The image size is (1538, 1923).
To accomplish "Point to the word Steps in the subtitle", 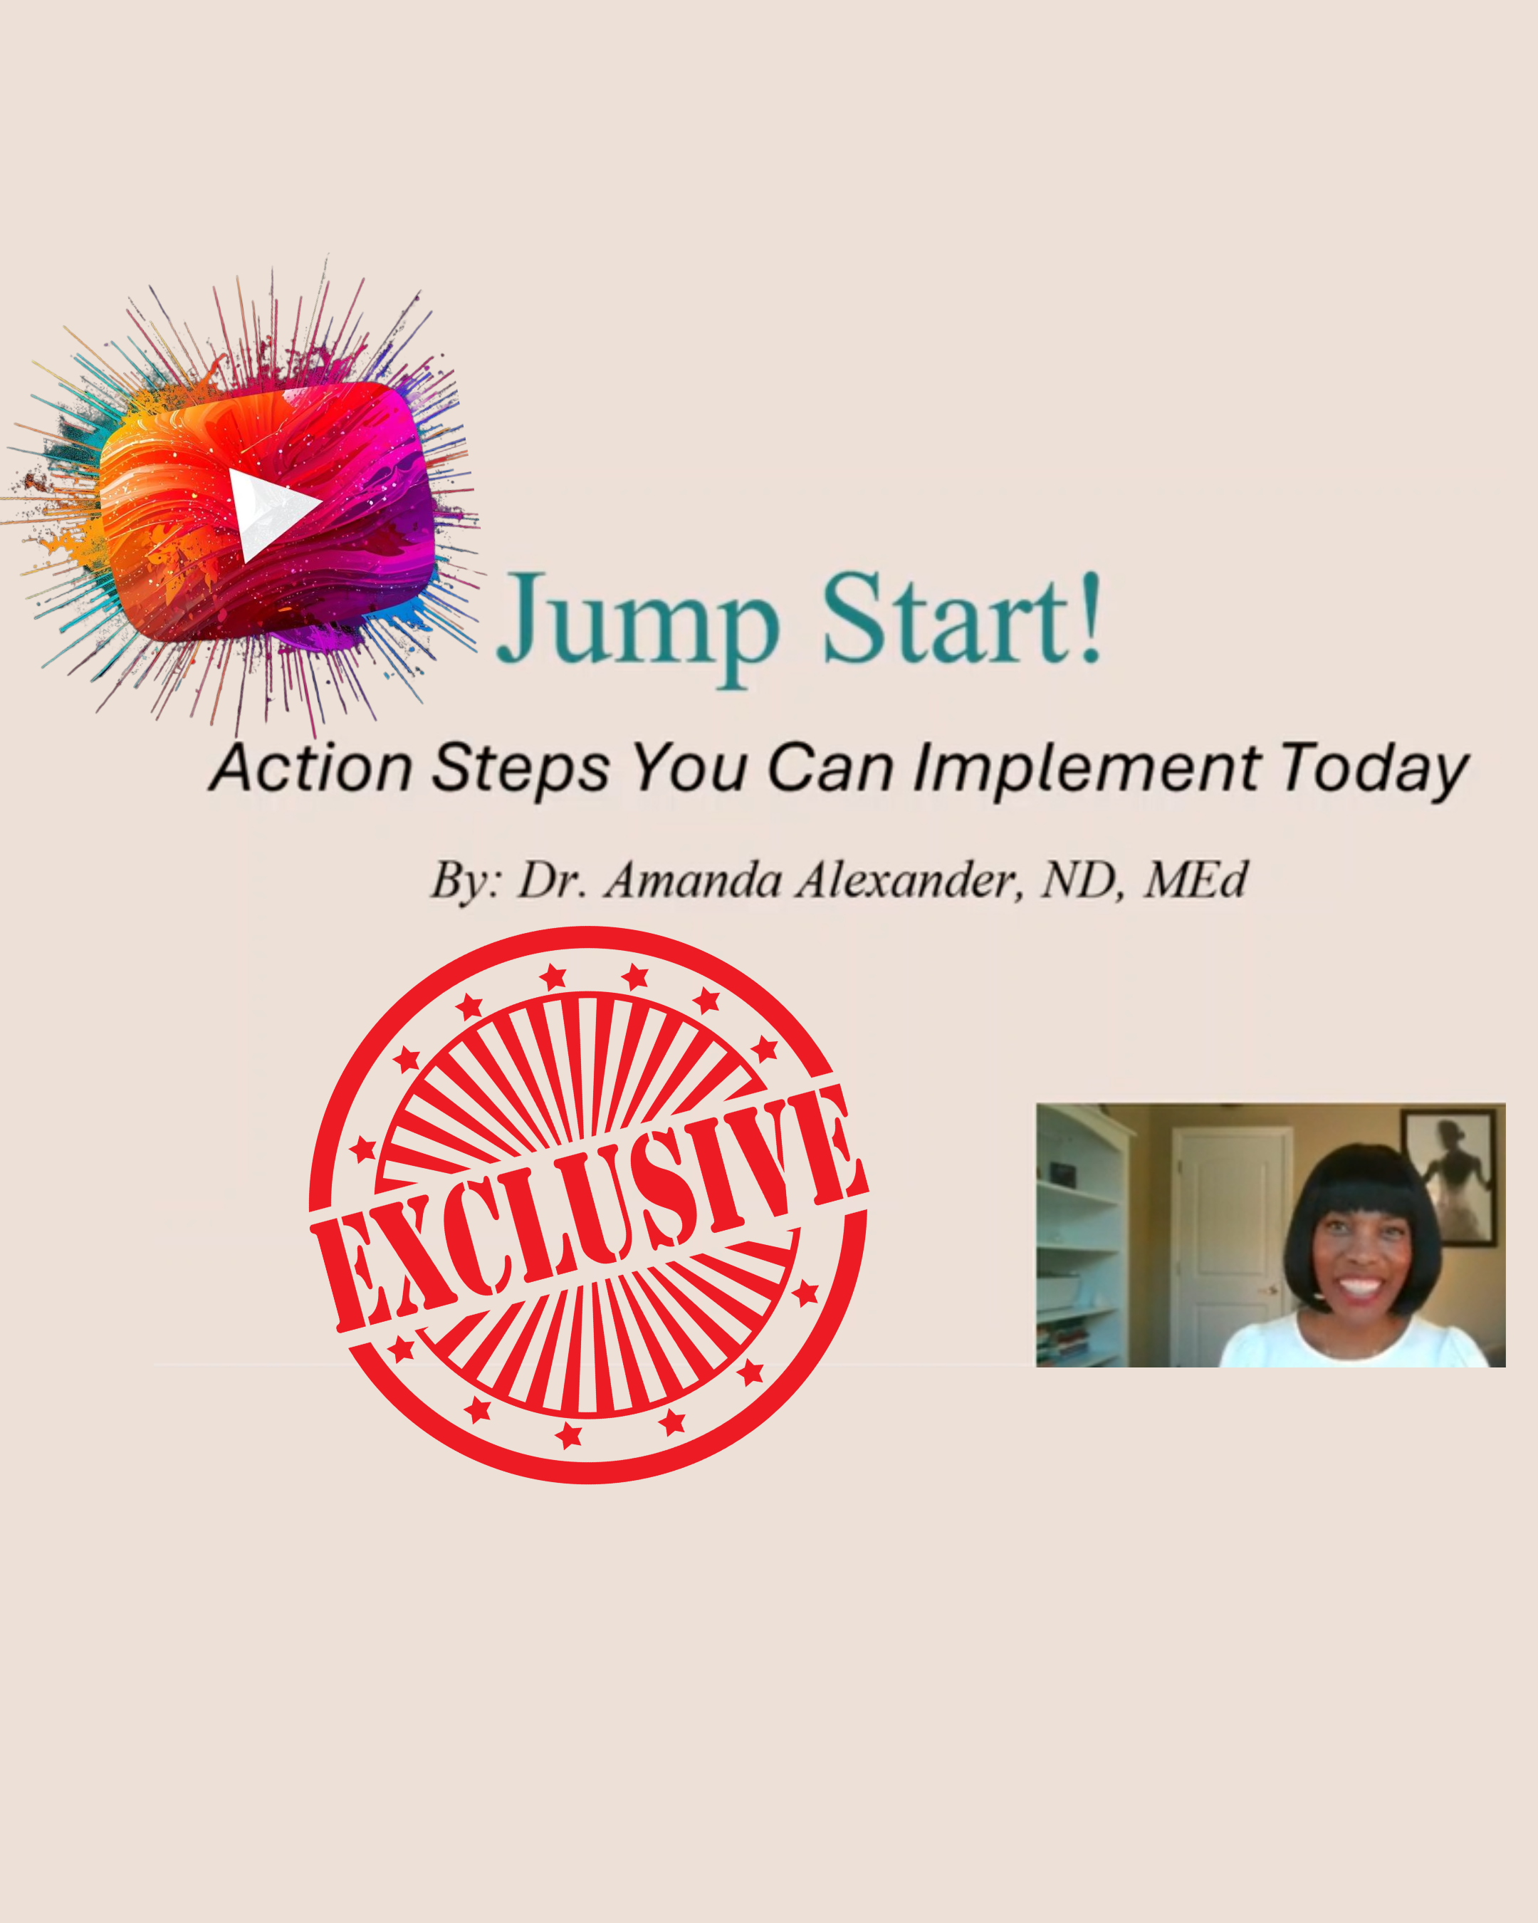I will click(520, 768).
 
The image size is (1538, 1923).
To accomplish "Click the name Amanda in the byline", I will click(693, 881).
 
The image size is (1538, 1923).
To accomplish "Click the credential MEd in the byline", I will click(1196, 881).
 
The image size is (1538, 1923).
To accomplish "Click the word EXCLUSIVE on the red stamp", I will click(588, 1213).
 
